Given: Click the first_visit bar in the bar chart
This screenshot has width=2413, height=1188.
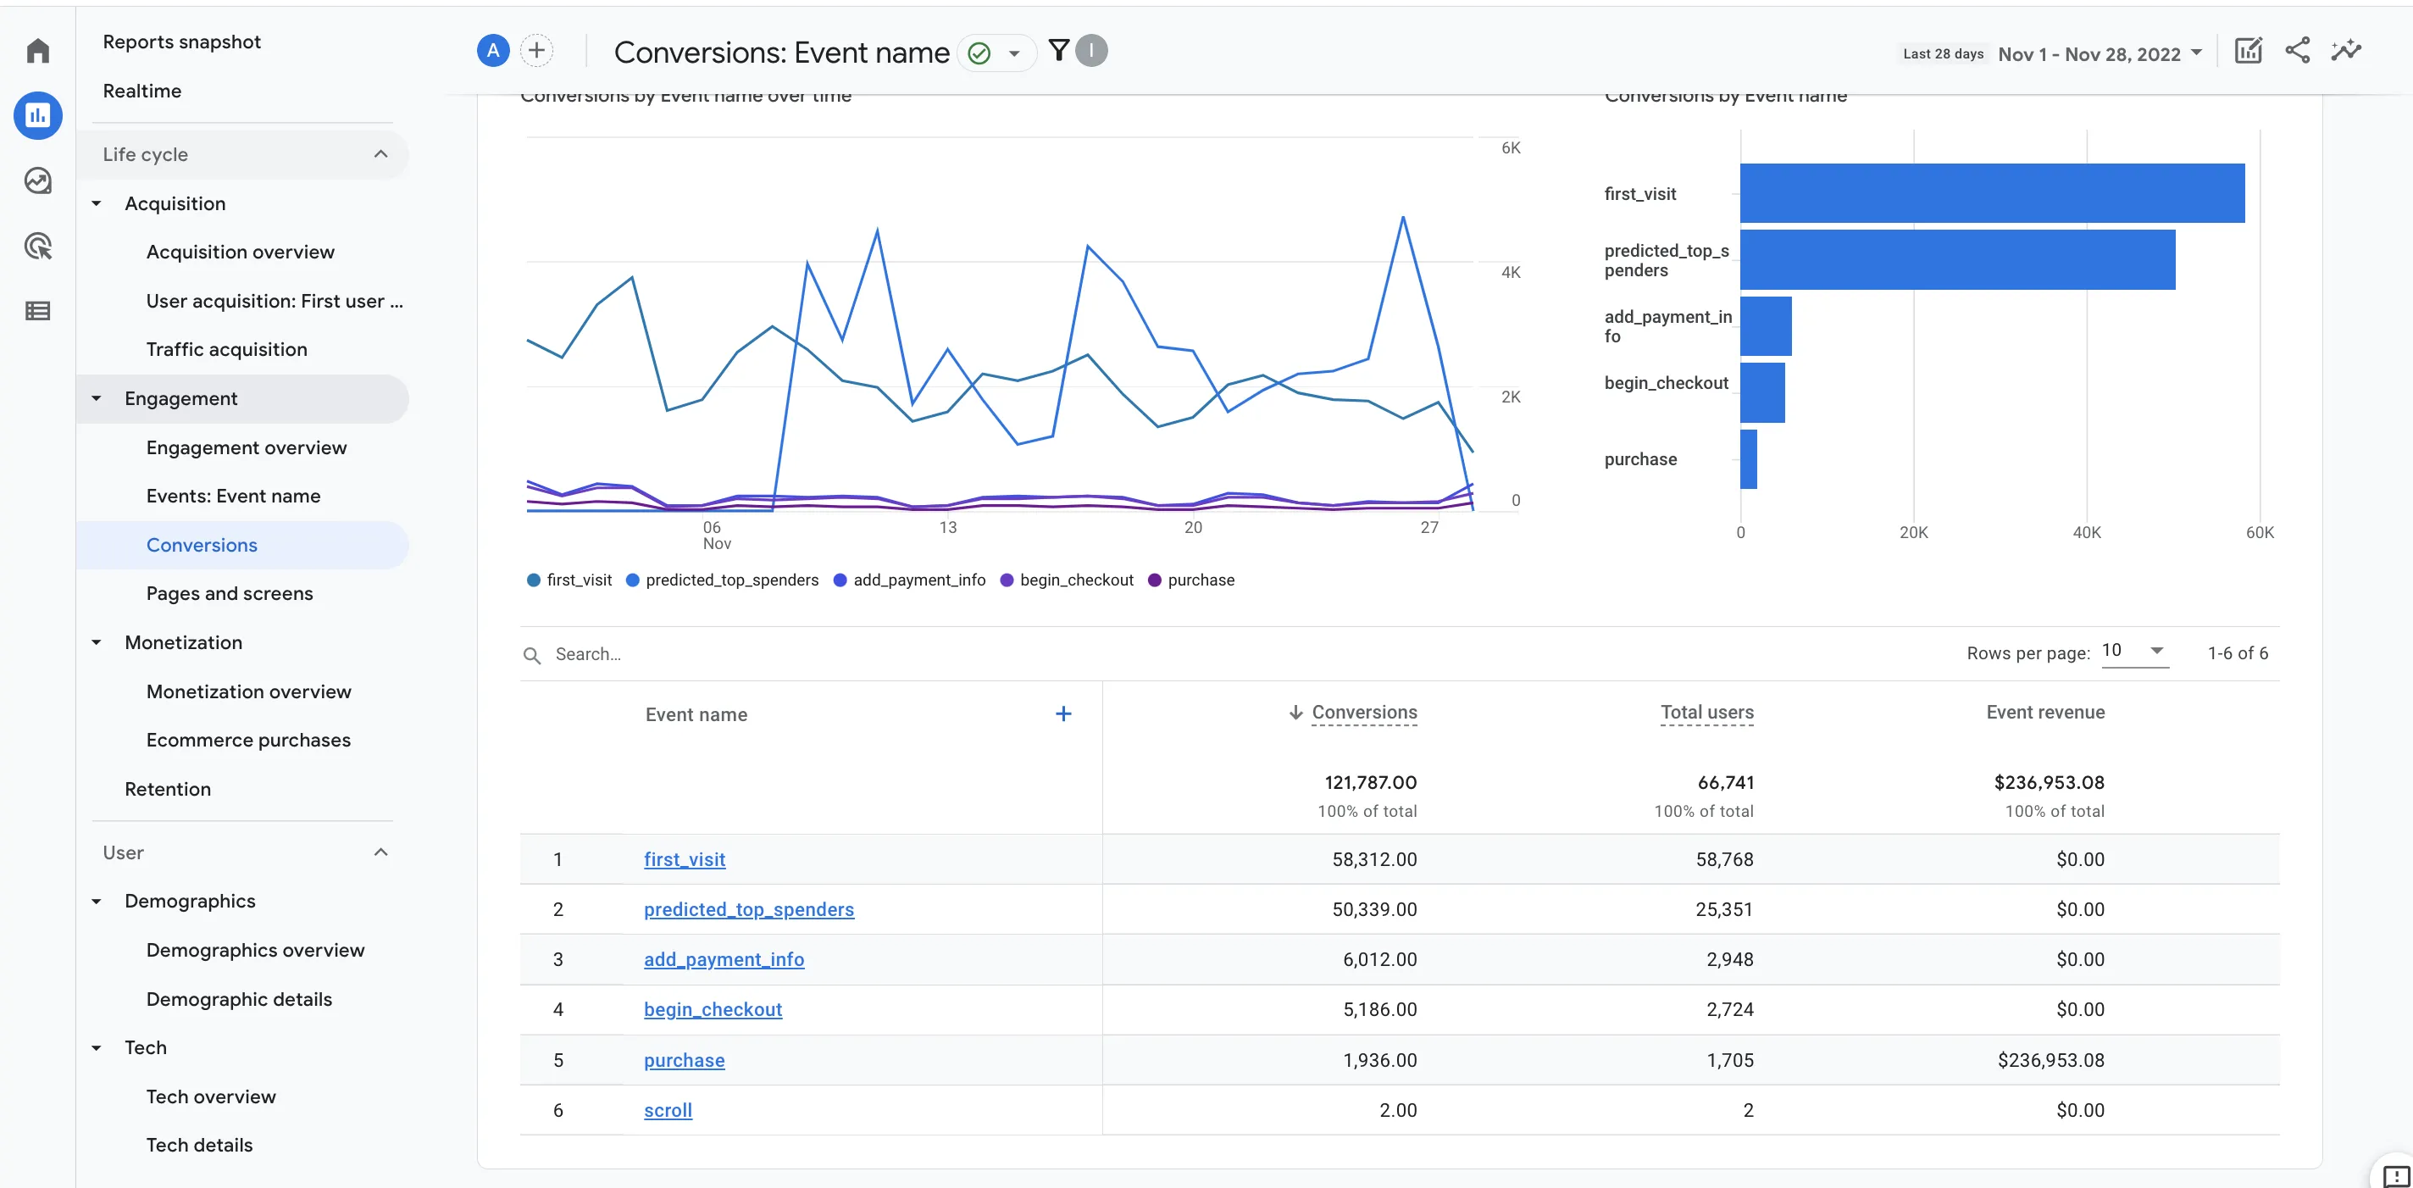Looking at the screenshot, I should [x=1991, y=193].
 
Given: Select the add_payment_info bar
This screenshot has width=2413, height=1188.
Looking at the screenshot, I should [x=1765, y=326].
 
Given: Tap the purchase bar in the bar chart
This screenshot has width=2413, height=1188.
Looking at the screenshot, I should [x=1748, y=459].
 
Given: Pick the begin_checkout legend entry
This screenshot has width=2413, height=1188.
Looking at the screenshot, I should [x=1067, y=580].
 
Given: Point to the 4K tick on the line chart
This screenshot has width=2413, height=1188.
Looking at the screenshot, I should [x=1510, y=273].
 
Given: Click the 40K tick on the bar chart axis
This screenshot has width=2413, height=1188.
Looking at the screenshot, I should [x=2086, y=532].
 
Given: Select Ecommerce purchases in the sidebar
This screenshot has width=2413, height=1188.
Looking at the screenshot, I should [x=248, y=740].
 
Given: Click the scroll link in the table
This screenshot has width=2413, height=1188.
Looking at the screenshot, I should [x=667, y=1110].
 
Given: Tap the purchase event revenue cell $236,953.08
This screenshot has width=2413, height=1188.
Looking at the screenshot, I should [x=2050, y=1060].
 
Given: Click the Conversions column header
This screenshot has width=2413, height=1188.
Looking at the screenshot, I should [x=1363, y=712].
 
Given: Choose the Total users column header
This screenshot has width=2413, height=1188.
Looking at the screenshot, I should [x=1706, y=712].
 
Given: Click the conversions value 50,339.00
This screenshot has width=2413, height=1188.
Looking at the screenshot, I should [x=1373, y=909].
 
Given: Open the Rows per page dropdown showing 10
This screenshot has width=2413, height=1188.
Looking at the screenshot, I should [x=2134, y=651].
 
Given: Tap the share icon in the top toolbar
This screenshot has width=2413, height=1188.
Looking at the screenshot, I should [x=2297, y=51].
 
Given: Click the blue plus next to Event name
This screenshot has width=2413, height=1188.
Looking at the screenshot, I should [x=1063, y=714].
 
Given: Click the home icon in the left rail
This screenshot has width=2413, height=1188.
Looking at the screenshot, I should [x=37, y=51].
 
